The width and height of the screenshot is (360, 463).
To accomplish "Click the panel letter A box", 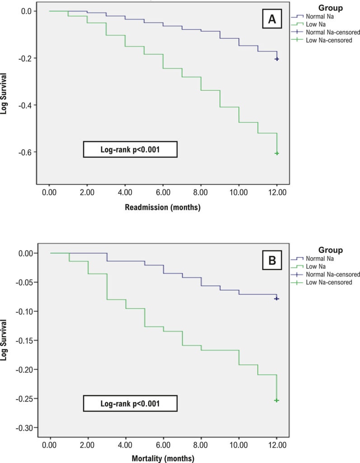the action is [x=272, y=19].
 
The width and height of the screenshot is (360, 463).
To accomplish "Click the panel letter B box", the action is [x=272, y=260].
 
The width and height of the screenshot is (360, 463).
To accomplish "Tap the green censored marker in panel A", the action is [x=277, y=153].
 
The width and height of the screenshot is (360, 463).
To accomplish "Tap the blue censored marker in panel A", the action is [x=277, y=59].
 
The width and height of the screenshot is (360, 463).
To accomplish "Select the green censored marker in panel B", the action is [x=276, y=401].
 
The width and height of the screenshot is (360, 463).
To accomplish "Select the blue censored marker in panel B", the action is [x=276, y=298].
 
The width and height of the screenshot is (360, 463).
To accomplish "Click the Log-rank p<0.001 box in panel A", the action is [x=130, y=149].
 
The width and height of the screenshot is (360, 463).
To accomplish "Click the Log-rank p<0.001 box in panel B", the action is [x=130, y=403].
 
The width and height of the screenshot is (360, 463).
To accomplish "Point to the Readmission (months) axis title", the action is [x=163, y=207].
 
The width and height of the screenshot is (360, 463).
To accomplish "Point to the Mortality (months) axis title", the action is [x=163, y=458].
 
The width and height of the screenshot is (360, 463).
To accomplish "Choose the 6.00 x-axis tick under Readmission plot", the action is [x=163, y=193].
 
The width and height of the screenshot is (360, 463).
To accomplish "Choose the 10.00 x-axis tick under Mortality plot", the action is [x=239, y=445].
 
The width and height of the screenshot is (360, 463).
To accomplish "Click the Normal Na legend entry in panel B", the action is [x=313, y=259].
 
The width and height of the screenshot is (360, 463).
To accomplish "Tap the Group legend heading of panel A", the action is [x=331, y=8].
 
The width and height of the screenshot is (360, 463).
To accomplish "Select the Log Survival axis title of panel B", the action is [x=4, y=340].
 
